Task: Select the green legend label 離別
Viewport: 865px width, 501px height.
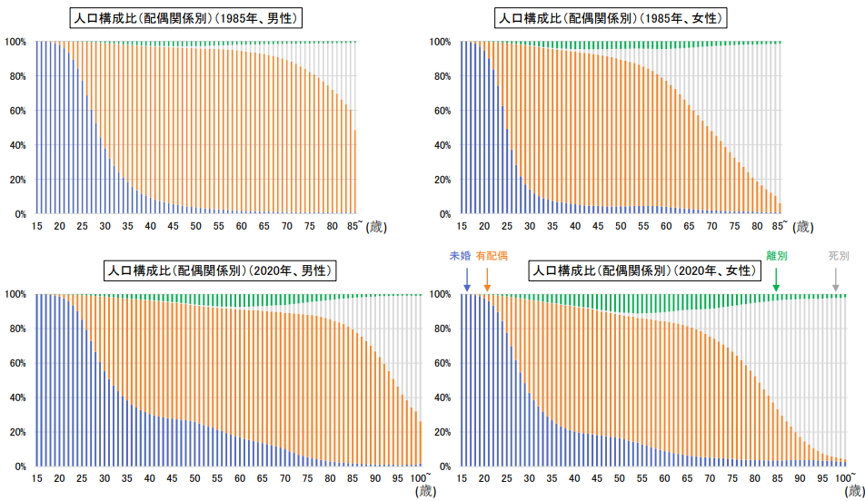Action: tap(776, 257)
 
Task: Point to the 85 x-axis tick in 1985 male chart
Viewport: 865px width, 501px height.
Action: tap(353, 226)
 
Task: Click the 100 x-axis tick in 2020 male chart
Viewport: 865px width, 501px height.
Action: tap(417, 478)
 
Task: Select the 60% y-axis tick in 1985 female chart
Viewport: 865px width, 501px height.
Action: tap(440, 111)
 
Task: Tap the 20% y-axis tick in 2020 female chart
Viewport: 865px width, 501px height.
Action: tap(440, 432)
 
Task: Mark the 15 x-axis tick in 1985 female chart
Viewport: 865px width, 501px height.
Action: tap(461, 226)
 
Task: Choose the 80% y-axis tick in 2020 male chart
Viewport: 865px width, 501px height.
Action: tap(15, 329)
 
